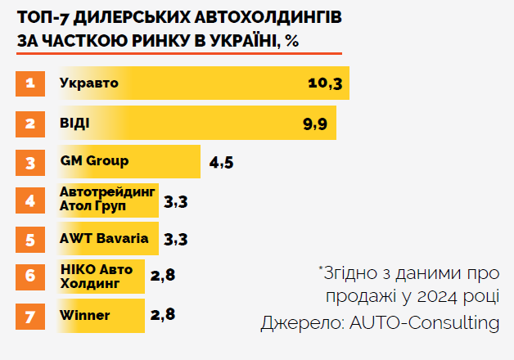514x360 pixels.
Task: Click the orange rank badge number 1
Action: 30,84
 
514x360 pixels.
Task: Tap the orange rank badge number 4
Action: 30,200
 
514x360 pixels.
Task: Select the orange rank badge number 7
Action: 30,315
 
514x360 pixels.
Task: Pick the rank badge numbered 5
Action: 30,239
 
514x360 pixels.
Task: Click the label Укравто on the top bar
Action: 89,83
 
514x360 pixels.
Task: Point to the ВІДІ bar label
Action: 74,123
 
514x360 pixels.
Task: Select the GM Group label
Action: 94,160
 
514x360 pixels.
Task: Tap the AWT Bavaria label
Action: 104,239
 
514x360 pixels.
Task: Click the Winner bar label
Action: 85,315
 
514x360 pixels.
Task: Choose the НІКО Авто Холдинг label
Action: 97,277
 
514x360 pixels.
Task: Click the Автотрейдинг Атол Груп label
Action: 106,200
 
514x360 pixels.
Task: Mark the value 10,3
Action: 325,84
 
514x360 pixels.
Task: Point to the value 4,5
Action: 222,162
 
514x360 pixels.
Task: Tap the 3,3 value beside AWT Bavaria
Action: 176,240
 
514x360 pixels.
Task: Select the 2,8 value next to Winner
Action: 163,315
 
